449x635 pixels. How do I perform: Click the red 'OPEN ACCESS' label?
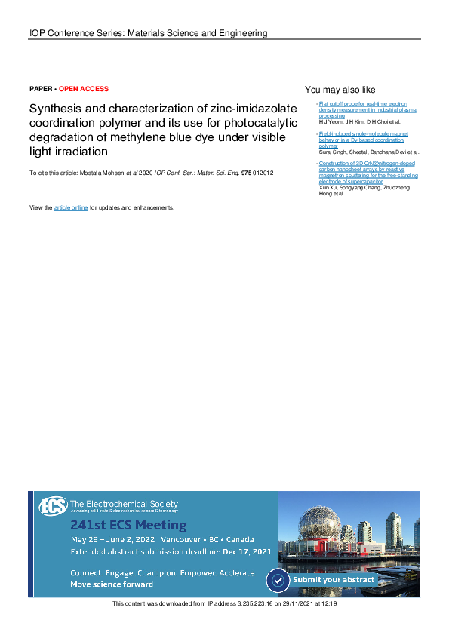pos(84,89)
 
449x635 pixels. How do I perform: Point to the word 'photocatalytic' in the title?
pos(260,122)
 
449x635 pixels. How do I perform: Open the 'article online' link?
pos(71,207)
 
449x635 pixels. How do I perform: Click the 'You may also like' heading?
pos(340,90)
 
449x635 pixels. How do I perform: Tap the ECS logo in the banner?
pos(53,505)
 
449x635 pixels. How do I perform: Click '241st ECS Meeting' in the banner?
pos(128,525)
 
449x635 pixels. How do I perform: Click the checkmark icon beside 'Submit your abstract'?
pos(279,580)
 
